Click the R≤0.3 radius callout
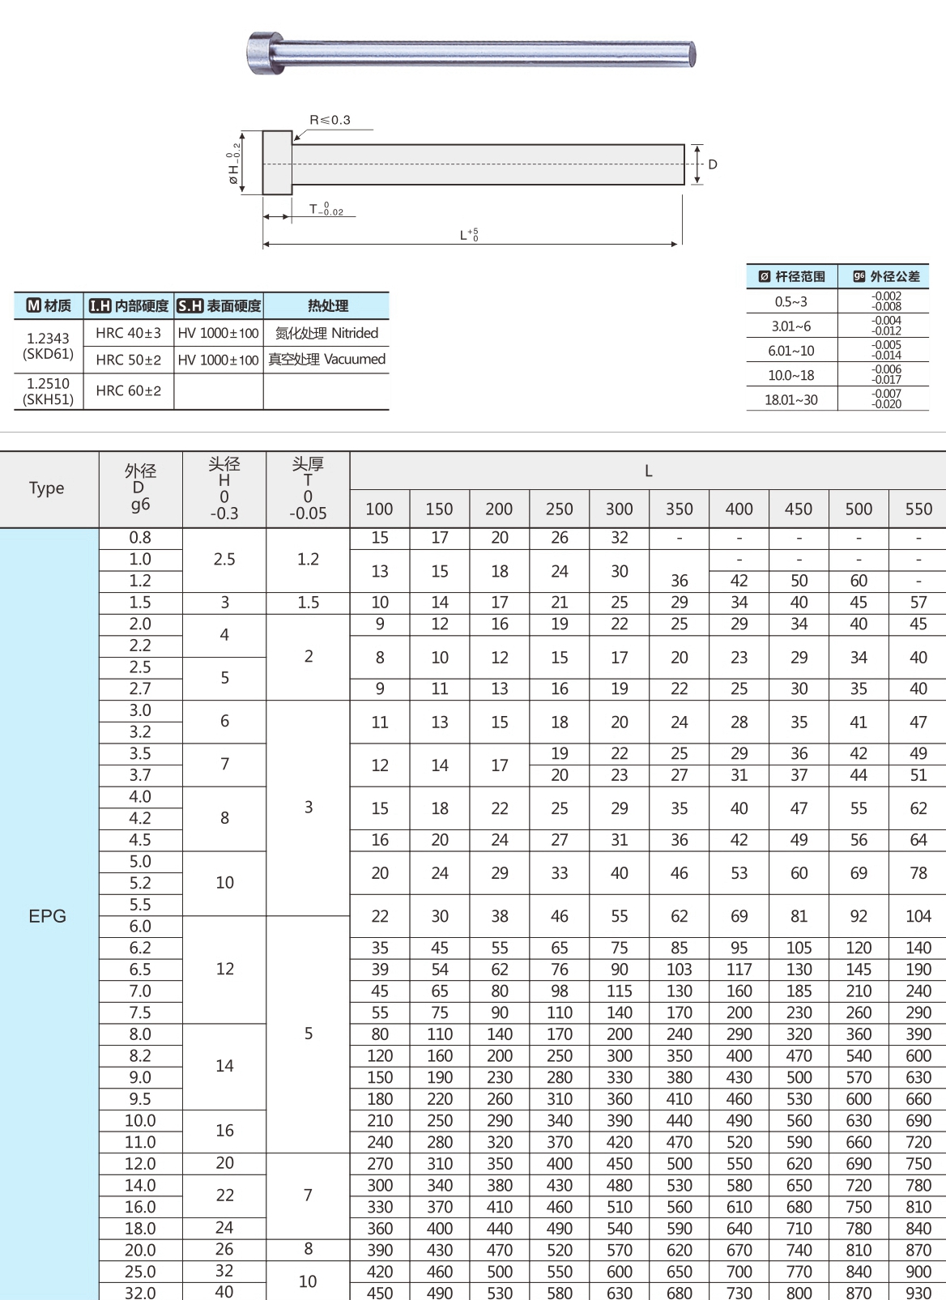click(x=330, y=120)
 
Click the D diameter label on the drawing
click(x=713, y=164)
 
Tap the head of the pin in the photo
click(x=264, y=53)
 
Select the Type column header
click(x=47, y=488)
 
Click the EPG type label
click(x=47, y=916)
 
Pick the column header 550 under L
click(x=918, y=509)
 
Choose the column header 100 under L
click(x=379, y=509)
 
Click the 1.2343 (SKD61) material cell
click(x=49, y=346)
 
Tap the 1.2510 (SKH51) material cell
click(x=49, y=391)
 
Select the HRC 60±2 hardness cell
click(x=128, y=391)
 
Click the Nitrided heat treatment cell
click(x=326, y=333)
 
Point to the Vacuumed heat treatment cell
click(x=326, y=359)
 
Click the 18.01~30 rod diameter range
click(x=791, y=399)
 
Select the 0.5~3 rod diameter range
click(x=791, y=302)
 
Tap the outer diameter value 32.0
click(x=140, y=1292)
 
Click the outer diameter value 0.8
click(x=140, y=538)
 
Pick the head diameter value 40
click(x=224, y=1292)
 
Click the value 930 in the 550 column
click(x=918, y=1292)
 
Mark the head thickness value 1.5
click(x=308, y=603)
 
